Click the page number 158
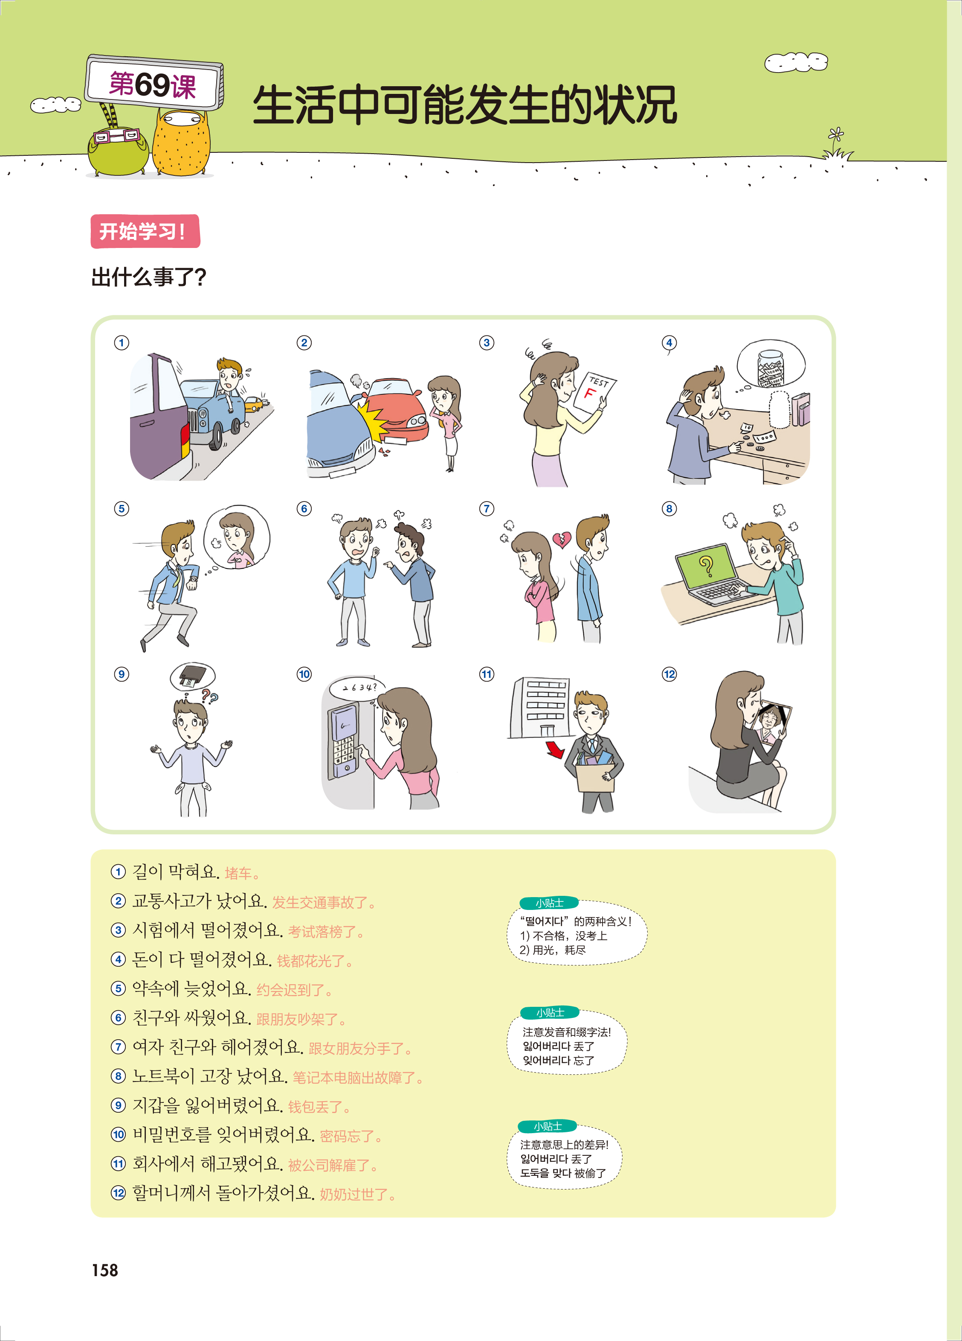point(104,1270)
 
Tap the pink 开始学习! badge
point(145,231)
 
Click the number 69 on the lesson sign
point(153,85)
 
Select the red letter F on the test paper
point(590,393)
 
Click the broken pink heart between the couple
point(561,539)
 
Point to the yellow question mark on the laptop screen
point(706,566)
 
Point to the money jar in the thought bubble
point(771,369)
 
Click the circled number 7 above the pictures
point(486,508)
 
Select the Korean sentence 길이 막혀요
point(176,872)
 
